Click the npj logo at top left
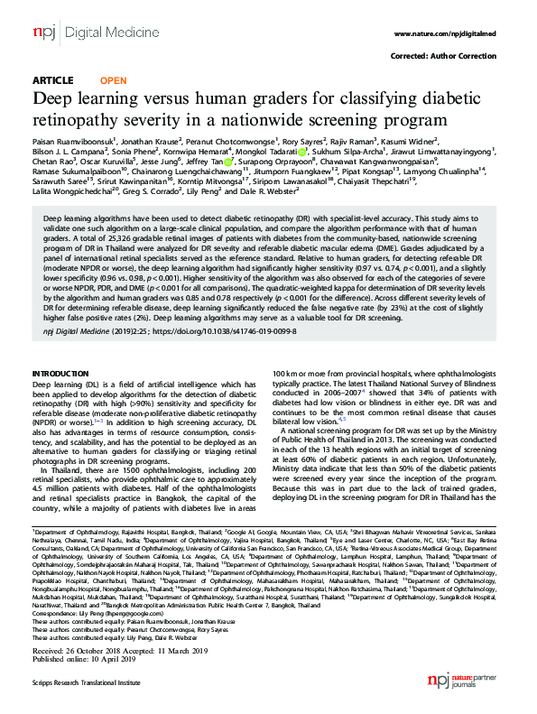[43, 33]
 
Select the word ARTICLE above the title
[52, 79]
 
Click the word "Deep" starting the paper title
[55, 98]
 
